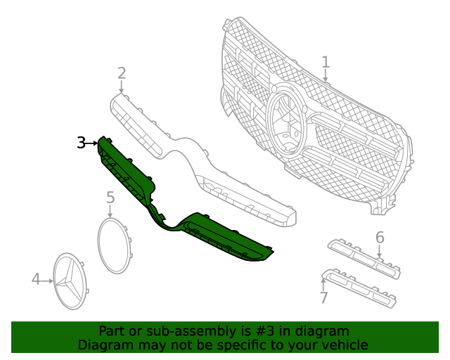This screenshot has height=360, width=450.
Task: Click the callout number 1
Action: [326, 63]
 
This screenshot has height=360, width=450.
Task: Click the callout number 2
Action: [122, 73]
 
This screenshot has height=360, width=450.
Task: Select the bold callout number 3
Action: [82, 143]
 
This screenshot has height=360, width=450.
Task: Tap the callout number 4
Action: [37, 280]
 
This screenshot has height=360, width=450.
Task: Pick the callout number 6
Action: [380, 238]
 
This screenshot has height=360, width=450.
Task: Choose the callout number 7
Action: [324, 298]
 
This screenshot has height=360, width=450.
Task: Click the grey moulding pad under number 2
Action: [137, 125]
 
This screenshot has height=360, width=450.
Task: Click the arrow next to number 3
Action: [93, 143]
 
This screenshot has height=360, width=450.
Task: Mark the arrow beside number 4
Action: [49, 281]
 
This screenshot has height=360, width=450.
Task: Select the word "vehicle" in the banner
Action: [345, 345]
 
